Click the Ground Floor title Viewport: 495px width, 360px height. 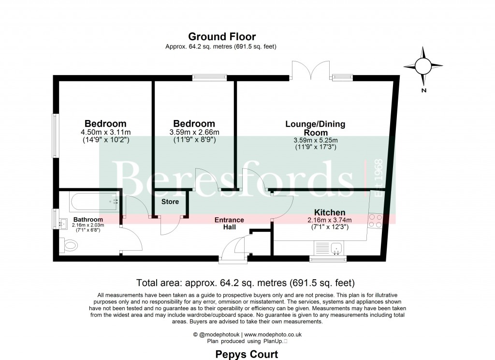point(222,37)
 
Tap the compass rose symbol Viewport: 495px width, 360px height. point(423,66)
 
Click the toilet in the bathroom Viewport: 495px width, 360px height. point(69,245)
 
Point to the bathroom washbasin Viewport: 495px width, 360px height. point(63,224)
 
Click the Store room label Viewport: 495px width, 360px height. point(170,202)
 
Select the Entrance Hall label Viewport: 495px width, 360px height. point(229,224)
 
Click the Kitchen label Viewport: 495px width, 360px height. point(330,212)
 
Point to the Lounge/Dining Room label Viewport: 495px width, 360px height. point(315,128)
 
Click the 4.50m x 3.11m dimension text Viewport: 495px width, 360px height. point(106,132)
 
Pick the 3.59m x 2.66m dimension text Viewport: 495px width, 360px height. point(194,132)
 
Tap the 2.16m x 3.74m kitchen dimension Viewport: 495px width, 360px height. point(330,220)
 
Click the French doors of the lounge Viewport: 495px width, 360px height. point(311,70)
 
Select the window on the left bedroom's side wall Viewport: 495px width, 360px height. point(56,135)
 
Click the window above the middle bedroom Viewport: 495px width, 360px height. point(210,77)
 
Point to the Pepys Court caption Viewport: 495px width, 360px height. point(247,354)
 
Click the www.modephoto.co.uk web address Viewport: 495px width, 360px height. point(273,334)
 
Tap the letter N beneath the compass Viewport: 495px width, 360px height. point(423,90)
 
